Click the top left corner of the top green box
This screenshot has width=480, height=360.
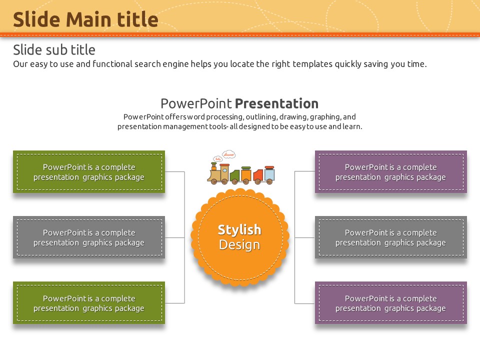pos(13,150)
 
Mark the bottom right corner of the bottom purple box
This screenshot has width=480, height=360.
pos(467,324)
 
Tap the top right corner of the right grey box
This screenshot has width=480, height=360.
pos(467,216)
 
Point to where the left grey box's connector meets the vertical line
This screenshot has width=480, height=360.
pos(184,237)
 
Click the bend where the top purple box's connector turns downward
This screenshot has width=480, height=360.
pos(295,171)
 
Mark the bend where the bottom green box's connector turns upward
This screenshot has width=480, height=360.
pos(184,303)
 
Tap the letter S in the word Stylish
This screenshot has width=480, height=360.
pos(221,229)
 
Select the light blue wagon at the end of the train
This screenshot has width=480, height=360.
pos(269,175)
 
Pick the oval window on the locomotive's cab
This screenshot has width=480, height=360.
pos(224,170)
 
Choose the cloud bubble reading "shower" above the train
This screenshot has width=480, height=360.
pos(228,154)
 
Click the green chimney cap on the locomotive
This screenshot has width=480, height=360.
pos(213,164)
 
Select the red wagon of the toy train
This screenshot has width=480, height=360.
pos(258,176)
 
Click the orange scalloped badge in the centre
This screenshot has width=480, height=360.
pos(240,237)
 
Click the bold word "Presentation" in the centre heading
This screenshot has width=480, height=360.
pos(276,103)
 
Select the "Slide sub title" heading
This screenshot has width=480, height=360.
pos(54,49)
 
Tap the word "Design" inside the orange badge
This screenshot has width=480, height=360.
pos(239,245)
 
